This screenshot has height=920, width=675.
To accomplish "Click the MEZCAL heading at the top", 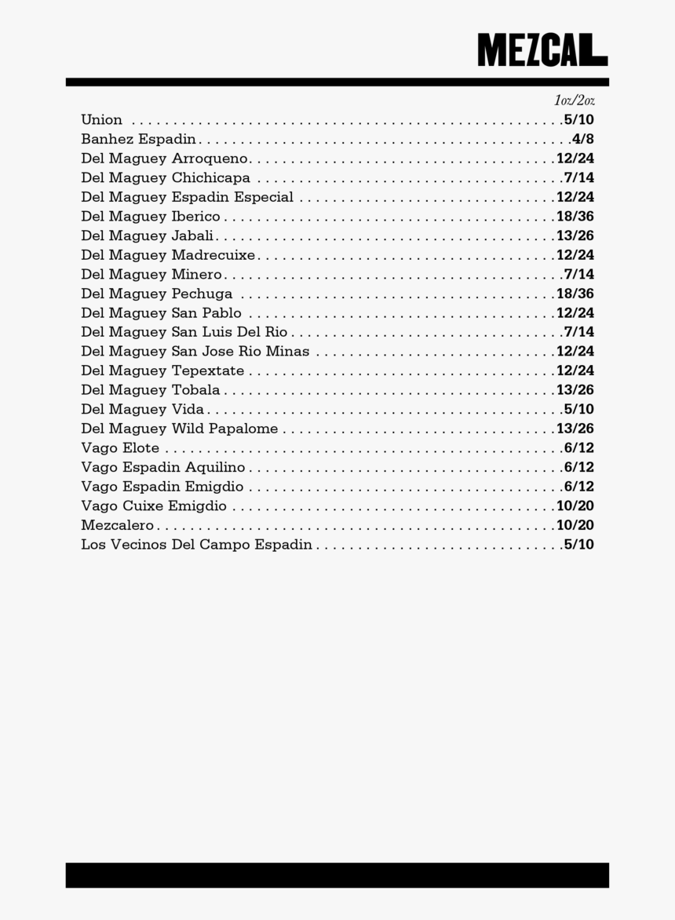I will click(x=542, y=49).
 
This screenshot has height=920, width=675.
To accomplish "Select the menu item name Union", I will click(x=101, y=120).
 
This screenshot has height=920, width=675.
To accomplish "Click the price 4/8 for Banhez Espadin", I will click(x=582, y=139).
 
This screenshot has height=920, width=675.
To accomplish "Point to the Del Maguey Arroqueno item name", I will click(x=165, y=159).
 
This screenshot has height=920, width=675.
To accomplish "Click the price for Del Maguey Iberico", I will click(x=575, y=217).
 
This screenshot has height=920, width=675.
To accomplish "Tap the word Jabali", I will click(x=192, y=235).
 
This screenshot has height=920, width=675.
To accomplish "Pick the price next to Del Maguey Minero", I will click(x=578, y=274).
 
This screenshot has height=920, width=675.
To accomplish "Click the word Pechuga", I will click(x=202, y=294).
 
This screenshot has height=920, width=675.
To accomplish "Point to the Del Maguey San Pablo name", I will click(x=161, y=312).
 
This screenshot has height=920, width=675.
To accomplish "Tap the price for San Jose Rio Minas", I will click(x=575, y=351).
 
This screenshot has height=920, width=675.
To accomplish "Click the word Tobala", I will click(x=195, y=390).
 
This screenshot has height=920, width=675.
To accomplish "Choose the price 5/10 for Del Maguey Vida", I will click(x=578, y=409).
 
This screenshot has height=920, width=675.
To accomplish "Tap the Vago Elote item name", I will click(x=120, y=448).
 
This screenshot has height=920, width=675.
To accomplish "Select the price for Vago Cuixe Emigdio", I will click(x=575, y=506).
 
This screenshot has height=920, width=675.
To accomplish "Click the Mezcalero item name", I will click(x=117, y=525).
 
